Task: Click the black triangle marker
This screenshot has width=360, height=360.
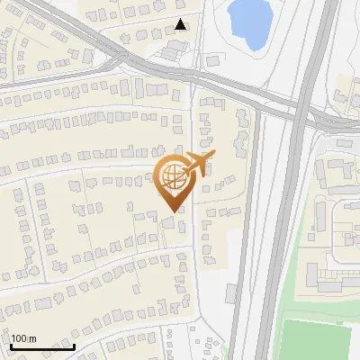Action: tap(182, 24)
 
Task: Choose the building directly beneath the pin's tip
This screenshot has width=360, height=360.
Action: tap(171, 220)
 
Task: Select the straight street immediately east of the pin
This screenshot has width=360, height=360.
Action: tap(193, 252)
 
